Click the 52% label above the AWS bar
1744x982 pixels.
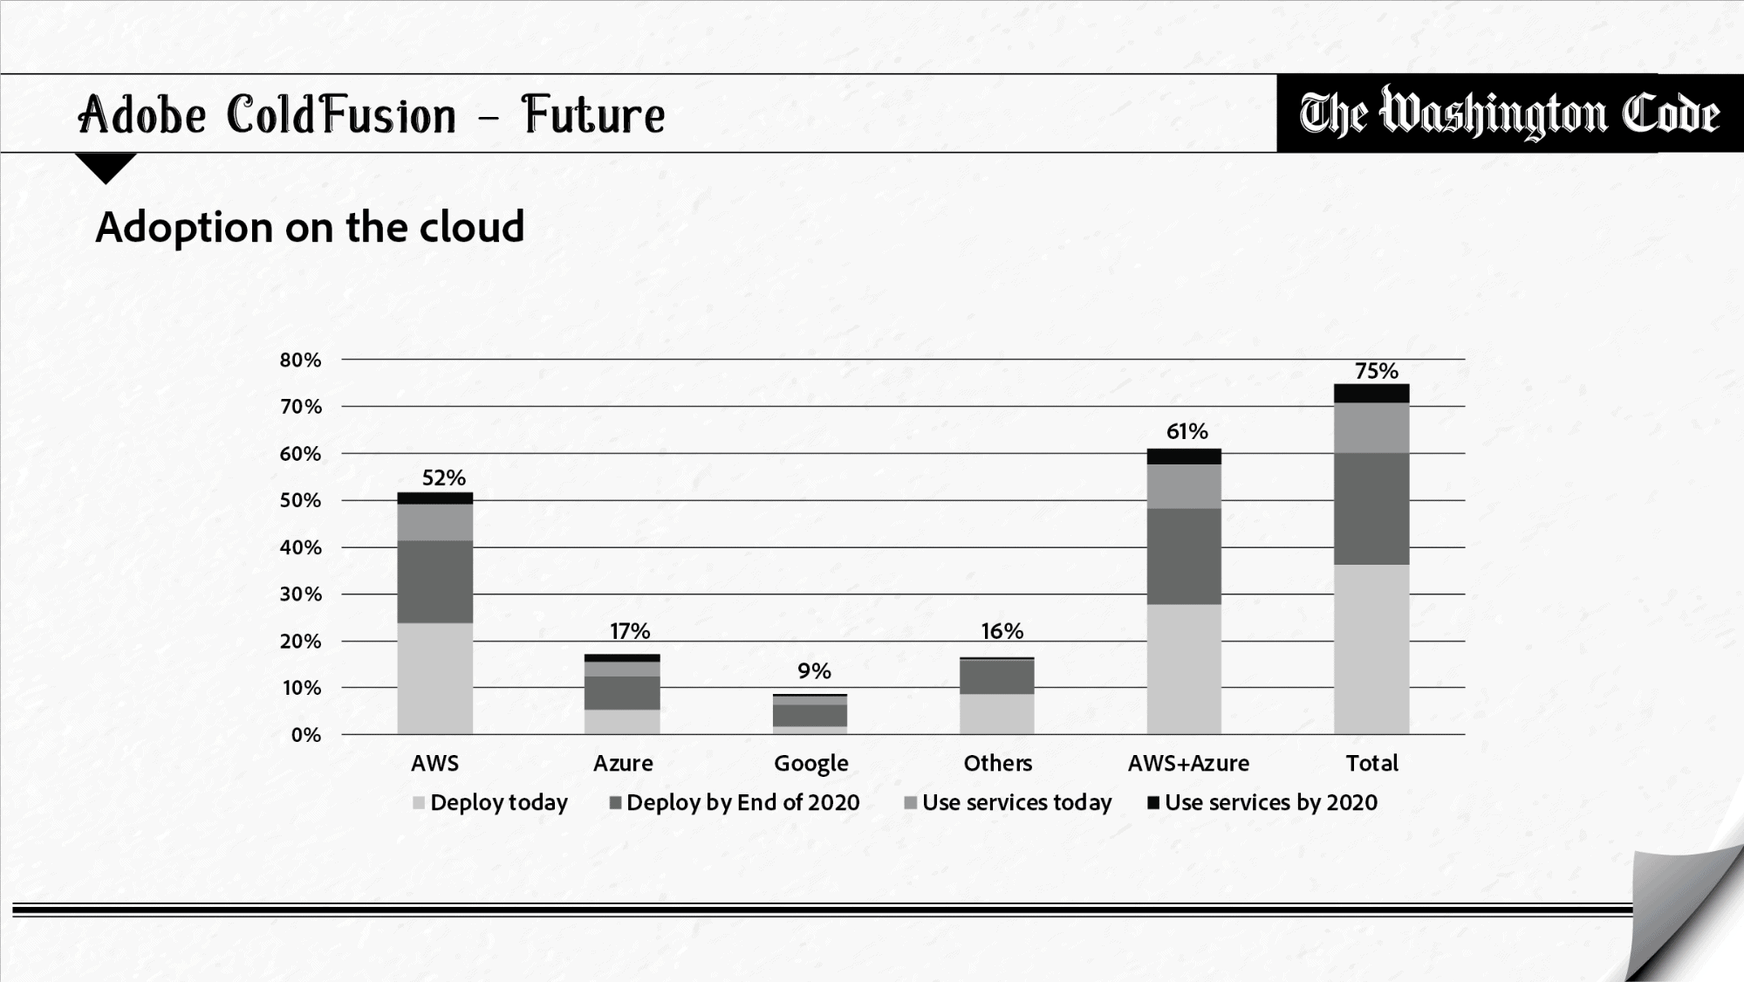coord(444,477)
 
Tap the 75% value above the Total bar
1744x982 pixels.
coord(1376,371)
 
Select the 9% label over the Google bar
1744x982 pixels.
coord(814,671)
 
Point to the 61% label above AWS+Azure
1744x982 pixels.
coord(1187,431)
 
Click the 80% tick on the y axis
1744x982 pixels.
coord(300,360)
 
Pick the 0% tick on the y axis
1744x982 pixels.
coord(305,735)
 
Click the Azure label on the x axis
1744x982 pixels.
coord(623,763)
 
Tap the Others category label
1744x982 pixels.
coord(997,763)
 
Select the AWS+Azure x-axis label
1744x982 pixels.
coord(1188,763)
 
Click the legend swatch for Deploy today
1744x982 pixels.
coord(419,803)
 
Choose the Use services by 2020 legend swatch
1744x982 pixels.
coord(1152,803)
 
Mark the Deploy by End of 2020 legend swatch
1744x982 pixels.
coord(615,803)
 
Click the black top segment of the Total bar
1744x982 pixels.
coord(1371,393)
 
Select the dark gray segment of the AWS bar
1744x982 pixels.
coord(434,581)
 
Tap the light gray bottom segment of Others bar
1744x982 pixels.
coord(997,713)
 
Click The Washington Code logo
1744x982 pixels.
coord(1509,114)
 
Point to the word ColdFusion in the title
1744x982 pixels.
coord(341,115)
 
